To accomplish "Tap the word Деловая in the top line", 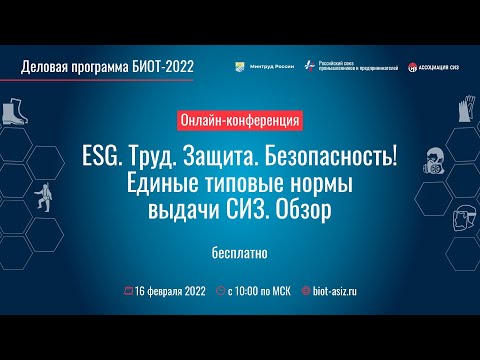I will (47, 67).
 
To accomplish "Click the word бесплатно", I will (239, 251).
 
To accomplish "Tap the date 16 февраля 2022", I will (172, 291).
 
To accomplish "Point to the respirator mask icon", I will (432, 157).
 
